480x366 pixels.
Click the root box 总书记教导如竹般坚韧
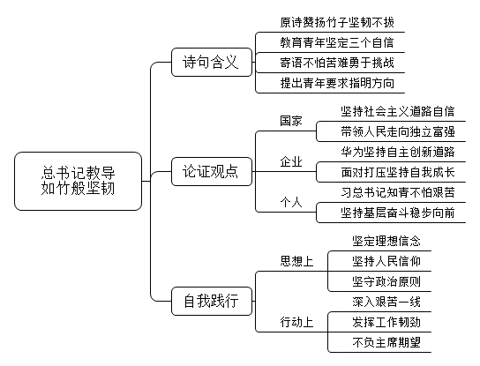point(78,181)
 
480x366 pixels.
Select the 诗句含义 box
point(212,62)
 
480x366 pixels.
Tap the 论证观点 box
point(212,171)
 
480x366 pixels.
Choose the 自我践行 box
point(212,301)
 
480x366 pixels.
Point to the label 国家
point(291,121)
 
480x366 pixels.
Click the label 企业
point(291,161)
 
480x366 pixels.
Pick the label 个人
point(291,202)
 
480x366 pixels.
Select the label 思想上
point(296,261)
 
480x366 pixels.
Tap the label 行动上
point(296,322)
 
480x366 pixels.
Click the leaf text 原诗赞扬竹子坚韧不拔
point(337,22)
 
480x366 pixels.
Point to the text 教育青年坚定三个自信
point(337,42)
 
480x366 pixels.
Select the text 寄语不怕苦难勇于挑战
point(337,63)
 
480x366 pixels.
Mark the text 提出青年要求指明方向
point(337,83)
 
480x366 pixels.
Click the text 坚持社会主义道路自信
point(398,111)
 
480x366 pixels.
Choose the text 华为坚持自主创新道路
point(398,152)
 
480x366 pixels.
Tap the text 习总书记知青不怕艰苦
point(398,192)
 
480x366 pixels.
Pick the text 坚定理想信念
point(386,241)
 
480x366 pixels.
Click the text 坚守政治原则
point(386,281)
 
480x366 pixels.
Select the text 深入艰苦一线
point(386,302)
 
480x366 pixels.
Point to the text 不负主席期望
point(386,342)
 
